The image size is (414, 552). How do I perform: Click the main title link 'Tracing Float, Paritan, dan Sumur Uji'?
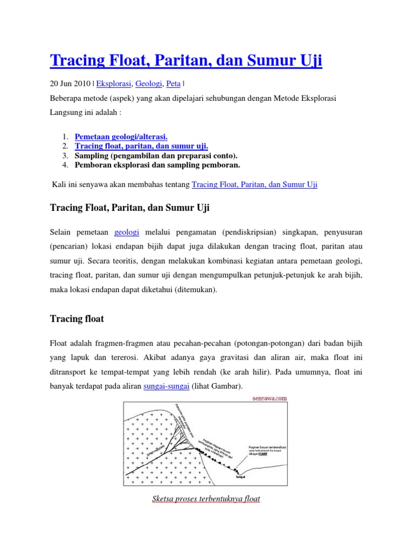click(185, 60)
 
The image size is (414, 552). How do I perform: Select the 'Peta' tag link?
click(174, 84)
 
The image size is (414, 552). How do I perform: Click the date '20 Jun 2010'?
click(71, 84)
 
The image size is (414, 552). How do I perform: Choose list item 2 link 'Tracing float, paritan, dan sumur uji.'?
click(141, 146)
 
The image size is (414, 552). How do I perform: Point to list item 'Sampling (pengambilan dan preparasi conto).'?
click(156, 155)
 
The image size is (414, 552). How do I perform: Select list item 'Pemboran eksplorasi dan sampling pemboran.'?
click(157, 164)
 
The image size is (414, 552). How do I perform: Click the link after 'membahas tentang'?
click(254, 184)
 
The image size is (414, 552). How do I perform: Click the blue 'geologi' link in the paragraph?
click(127, 232)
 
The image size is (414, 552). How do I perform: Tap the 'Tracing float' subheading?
click(77, 319)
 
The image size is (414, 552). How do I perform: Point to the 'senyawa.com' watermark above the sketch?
click(270, 398)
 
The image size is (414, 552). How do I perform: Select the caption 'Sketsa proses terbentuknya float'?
click(206, 499)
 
